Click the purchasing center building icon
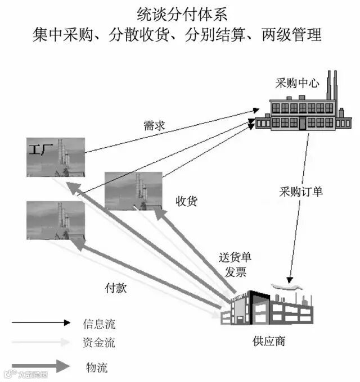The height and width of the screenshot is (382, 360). [303, 112]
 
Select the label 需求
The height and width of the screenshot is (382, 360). [154, 126]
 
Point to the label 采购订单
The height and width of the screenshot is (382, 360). [301, 191]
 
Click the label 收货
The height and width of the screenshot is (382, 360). [186, 201]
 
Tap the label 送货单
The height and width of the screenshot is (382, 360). [235, 258]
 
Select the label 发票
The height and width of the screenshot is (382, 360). [236, 272]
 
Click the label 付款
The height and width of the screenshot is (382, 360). [116, 288]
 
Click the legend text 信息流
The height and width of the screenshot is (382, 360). [99, 324]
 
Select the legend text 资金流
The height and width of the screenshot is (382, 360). [99, 342]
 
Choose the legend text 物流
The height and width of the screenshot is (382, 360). [97, 368]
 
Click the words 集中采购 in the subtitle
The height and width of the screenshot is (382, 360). [62, 35]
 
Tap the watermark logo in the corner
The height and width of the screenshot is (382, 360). [25, 373]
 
